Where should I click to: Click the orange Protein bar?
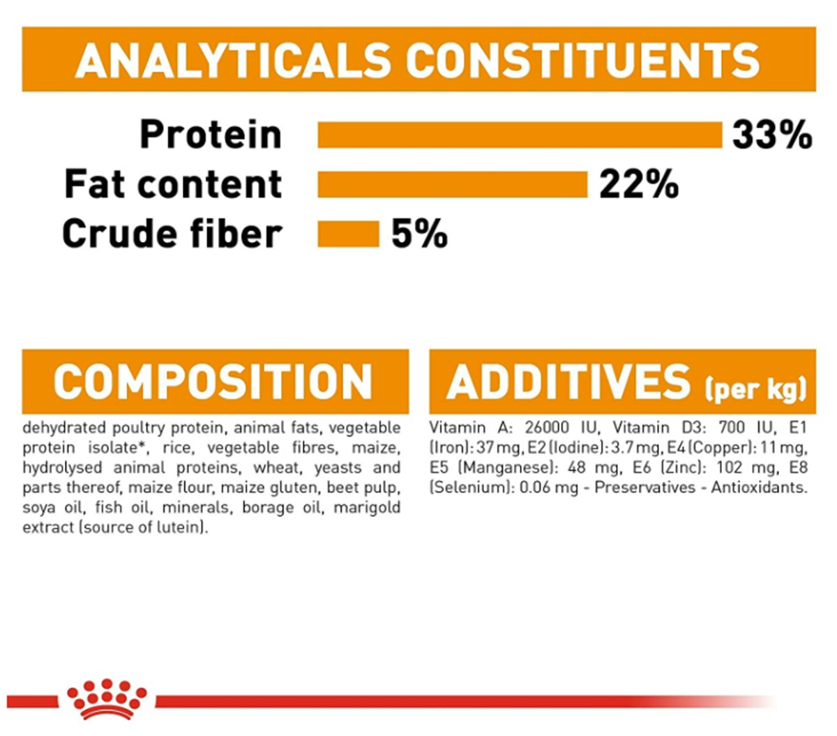point(520,135)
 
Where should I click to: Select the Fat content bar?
point(453,185)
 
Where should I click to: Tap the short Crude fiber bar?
point(348,234)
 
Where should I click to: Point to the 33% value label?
point(772,135)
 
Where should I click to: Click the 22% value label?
point(639,184)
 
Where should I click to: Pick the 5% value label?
point(419,234)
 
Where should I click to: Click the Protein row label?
point(211,135)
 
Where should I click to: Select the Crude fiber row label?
point(172,233)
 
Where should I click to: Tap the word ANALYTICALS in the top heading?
point(232,60)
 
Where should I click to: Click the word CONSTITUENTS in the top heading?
point(583,60)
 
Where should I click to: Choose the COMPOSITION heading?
point(213,382)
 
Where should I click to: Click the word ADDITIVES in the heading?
point(568,382)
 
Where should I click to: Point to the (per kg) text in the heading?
point(755,389)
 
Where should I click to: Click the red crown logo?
point(107,699)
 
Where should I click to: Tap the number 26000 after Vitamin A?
point(548,428)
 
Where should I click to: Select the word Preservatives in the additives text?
point(645,488)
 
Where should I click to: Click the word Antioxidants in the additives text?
point(759,488)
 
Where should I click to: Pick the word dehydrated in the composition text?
point(65,428)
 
